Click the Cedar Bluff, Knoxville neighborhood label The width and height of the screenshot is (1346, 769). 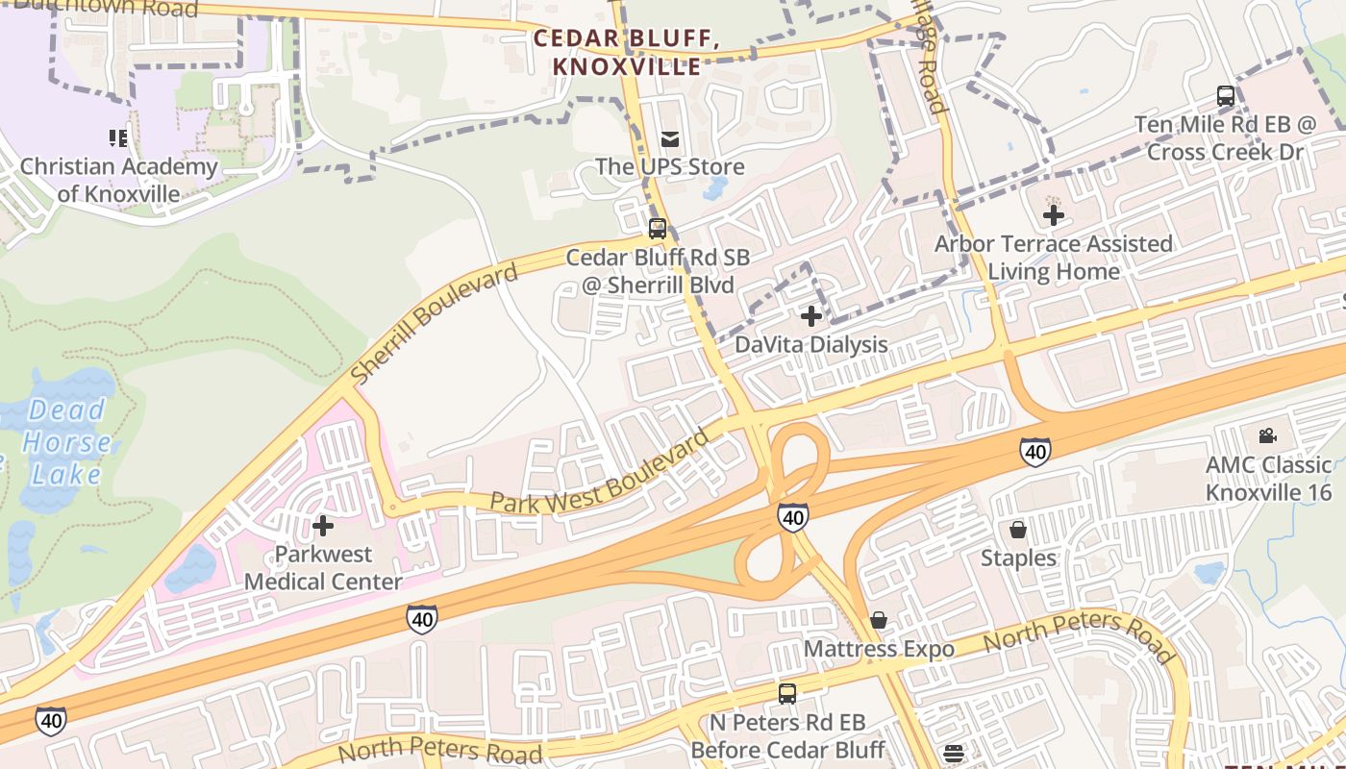[626, 53]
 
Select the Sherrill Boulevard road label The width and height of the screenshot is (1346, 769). [434, 322]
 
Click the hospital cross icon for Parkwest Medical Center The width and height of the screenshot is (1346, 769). [323, 526]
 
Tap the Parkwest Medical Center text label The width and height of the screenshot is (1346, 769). [323, 568]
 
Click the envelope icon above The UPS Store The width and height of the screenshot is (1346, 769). [669, 139]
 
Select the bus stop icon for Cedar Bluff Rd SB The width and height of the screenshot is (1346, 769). [658, 229]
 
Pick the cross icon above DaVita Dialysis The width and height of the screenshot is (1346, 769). [811, 315]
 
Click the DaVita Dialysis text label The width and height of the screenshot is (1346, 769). [811, 344]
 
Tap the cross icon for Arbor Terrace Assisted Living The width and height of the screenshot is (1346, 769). [1054, 215]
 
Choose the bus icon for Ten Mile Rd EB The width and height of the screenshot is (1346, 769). [1226, 96]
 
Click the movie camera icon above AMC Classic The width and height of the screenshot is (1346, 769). [1268, 435]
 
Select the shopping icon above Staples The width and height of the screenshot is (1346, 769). [1018, 530]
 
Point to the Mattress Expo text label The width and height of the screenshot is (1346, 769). [879, 649]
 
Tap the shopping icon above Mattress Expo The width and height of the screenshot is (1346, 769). [879, 620]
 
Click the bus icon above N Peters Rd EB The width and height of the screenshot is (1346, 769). [787, 693]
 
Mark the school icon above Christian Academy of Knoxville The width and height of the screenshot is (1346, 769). [118, 138]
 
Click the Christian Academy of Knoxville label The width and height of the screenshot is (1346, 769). [118, 180]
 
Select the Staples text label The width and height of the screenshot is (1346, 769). [1018, 558]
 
